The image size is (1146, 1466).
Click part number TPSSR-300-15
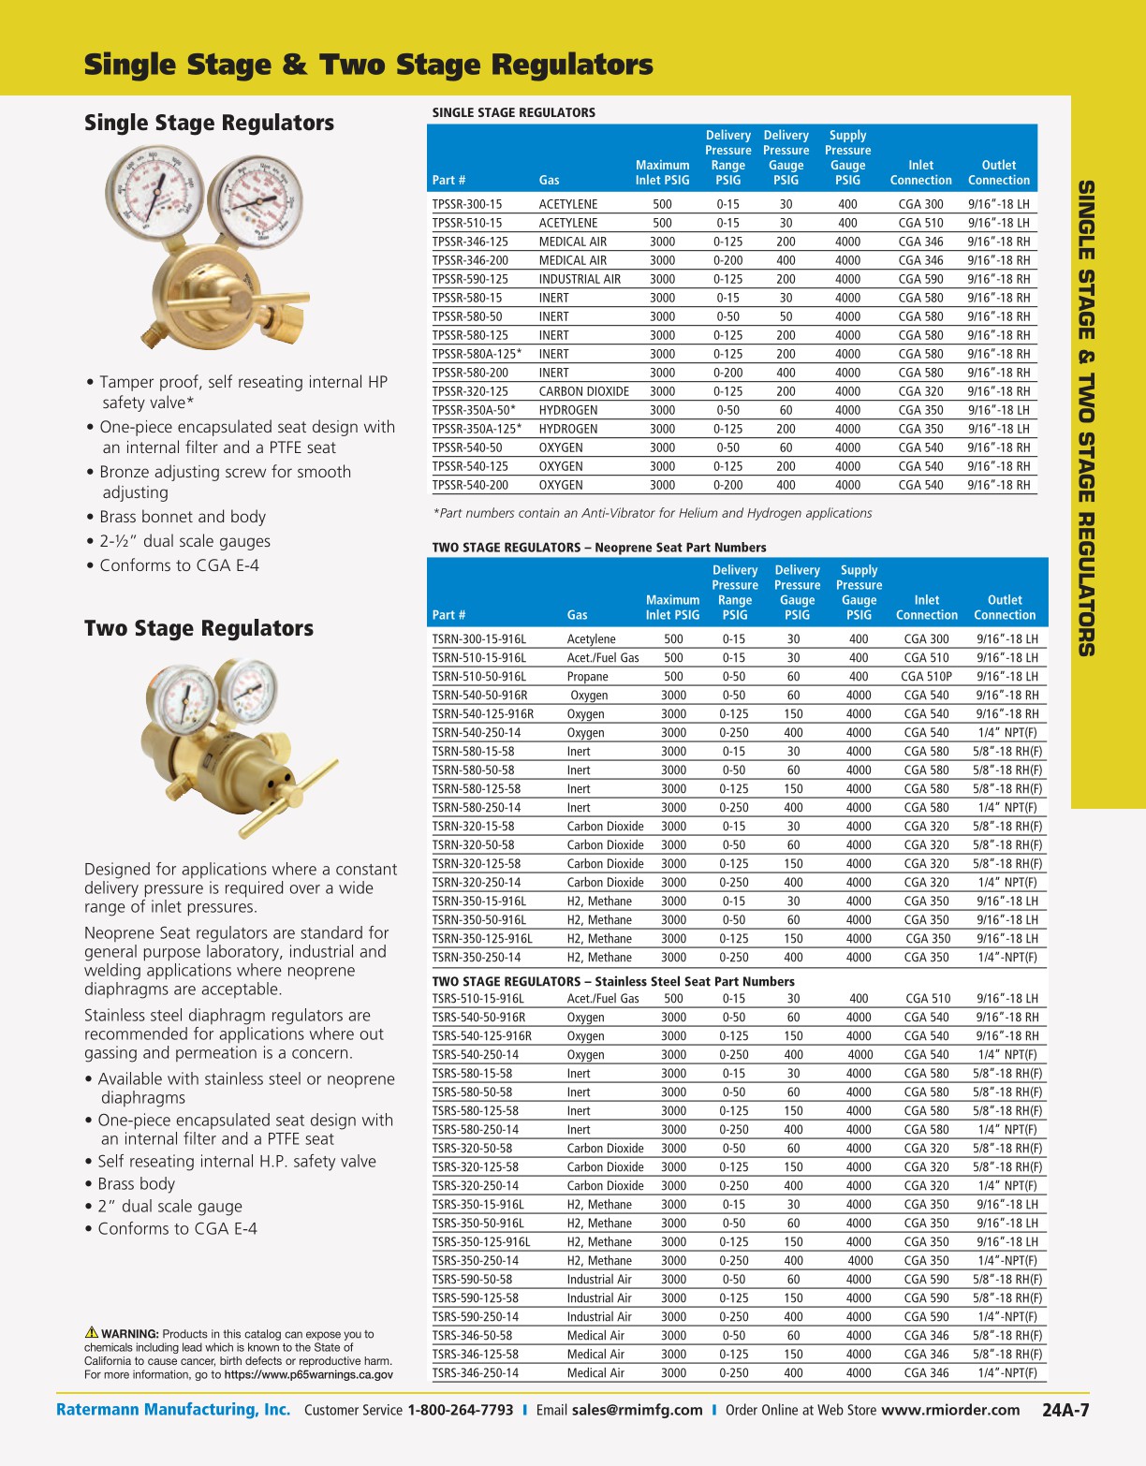(466, 204)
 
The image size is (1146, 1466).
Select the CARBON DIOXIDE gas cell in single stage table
(583, 391)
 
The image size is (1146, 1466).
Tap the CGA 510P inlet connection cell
(926, 676)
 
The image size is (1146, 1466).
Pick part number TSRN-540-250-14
(477, 732)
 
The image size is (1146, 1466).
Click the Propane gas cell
(587, 676)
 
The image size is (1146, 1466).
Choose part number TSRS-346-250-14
(475, 1372)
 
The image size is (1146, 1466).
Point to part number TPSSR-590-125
(470, 279)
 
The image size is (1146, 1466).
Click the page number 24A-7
(1065, 1411)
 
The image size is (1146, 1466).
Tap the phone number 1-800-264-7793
(460, 1411)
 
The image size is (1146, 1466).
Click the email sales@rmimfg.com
(637, 1411)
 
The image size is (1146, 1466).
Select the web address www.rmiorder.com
(950, 1411)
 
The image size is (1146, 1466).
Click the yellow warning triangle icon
(92, 1332)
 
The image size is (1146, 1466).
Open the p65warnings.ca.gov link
(309, 1375)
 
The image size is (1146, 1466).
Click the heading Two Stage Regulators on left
(198, 628)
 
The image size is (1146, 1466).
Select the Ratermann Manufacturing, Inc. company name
(173, 1410)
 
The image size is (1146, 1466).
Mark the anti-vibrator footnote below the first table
(653, 513)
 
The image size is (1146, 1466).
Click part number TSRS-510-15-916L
(477, 998)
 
